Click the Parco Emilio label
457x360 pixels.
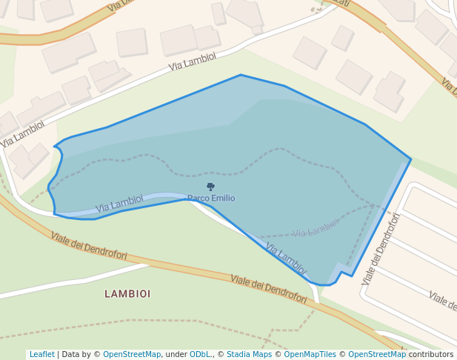pyautogui.click(x=211, y=199)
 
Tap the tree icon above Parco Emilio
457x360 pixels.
pyautogui.click(x=210, y=187)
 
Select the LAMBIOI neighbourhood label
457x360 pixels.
pyautogui.click(x=127, y=294)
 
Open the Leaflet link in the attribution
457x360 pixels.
pyautogui.click(x=41, y=355)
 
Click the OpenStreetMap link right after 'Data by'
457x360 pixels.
pyautogui.click(x=132, y=355)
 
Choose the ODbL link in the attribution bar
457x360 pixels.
pyautogui.click(x=200, y=355)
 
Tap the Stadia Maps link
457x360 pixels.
pyautogui.click(x=249, y=355)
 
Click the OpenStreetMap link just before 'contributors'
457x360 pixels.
pyautogui.click(x=377, y=355)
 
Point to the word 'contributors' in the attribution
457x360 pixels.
pyautogui.click(x=431, y=355)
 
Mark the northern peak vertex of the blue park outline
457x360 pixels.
pyautogui.click(x=241, y=75)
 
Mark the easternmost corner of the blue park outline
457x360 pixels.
pyautogui.click(x=410, y=159)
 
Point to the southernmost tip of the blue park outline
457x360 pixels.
pyautogui.click(x=324, y=285)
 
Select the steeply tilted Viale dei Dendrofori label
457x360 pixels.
pyautogui.click(x=381, y=249)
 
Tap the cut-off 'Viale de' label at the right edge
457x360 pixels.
pyautogui.click(x=442, y=299)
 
